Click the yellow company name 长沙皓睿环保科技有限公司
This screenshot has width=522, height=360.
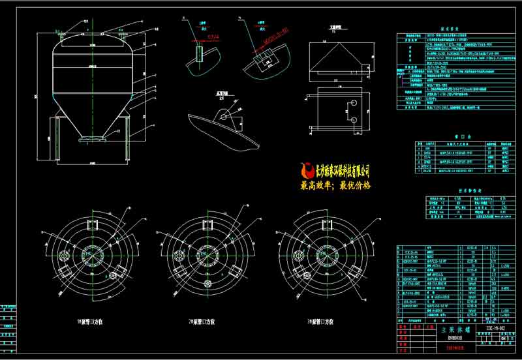pyautogui.click(x=342, y=172)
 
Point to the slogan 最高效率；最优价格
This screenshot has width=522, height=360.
pyautogui.click(x=335, y=185)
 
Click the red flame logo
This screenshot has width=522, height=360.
pyautogui.click(x=307, y=172)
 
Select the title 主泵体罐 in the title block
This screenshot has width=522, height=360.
pyautogui.click(x=452, y=331)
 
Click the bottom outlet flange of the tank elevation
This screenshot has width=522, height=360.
pyautogui.click(x=89, y=139)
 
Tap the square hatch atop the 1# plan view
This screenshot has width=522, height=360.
pyautogui.click(x=92, y=224)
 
